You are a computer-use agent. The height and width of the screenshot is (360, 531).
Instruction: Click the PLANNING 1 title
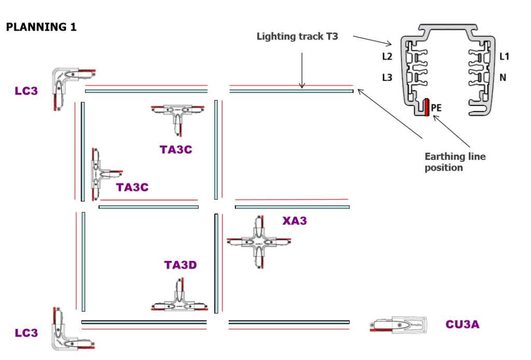click(41, 27)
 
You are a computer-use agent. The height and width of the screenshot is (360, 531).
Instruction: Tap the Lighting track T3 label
click(297, 37)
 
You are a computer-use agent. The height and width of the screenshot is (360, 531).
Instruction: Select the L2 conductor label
click(387, 56)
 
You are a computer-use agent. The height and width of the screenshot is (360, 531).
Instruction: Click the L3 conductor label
click(387, 77)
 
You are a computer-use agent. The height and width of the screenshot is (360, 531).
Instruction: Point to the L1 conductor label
click(504, 56)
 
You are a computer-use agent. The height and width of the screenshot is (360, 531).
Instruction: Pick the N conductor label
click(503, 77)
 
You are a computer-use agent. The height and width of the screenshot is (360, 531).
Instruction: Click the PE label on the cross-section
click(437, 108)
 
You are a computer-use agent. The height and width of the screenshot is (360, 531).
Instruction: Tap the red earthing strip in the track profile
click(426, 107)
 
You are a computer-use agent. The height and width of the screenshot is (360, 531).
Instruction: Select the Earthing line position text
click(455, 162)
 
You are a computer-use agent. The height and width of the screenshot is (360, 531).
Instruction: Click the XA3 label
click(295, 221)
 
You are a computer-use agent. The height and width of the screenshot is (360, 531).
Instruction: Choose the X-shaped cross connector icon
click(260, 242)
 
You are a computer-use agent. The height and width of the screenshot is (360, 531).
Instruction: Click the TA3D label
click(180, 265)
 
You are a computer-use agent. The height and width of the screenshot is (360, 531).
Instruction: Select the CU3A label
click(463, 325)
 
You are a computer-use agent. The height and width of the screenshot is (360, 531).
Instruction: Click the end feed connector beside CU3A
click(399, 324)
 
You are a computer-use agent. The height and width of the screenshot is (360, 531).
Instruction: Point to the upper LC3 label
click(26, 91)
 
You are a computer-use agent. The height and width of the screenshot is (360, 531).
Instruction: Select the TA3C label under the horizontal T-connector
click(176, 150)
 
